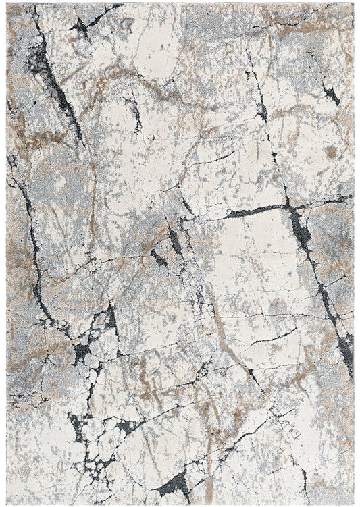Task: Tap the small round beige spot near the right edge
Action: pos(331,153)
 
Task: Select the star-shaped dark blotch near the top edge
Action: pos(81,27)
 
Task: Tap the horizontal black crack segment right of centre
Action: pos(253,211)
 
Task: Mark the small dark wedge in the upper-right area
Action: pos(331,95)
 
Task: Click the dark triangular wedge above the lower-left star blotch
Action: pos(108,317)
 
